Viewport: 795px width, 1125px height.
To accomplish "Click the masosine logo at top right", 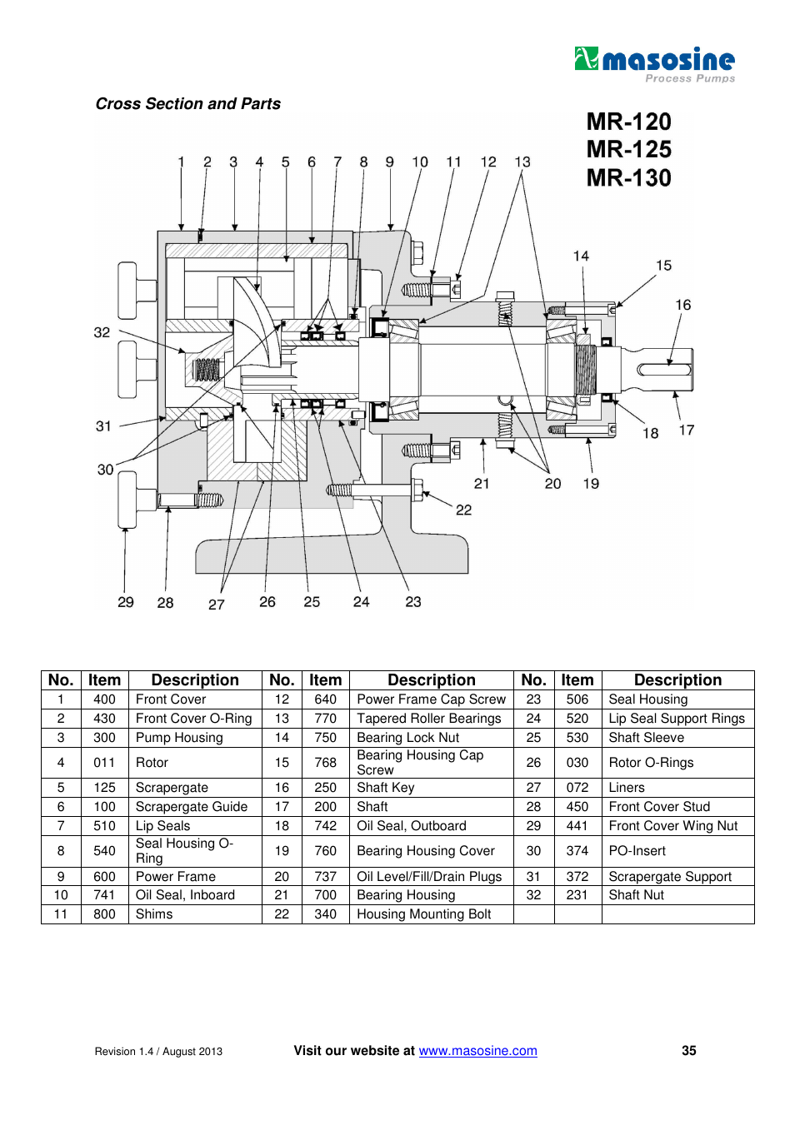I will [x=654, y=62].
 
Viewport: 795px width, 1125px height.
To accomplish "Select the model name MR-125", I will [x=628, y=150].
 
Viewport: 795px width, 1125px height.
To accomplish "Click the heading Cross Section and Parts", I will [x=187, y=104].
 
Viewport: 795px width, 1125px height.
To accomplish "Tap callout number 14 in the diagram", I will [x=581, y=256].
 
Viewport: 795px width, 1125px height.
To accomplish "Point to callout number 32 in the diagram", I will [x=102, y=333].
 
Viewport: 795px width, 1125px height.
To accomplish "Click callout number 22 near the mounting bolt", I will [x=463, y=510].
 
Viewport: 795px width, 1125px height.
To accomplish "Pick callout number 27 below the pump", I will [x=217, y=605].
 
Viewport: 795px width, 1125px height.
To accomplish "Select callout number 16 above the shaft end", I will [x=682, y=306].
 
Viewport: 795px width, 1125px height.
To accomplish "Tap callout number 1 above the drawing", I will [x=181, y=162].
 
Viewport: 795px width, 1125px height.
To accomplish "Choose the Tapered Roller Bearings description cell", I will [x=429, y=719].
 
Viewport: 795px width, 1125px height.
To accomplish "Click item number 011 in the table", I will [x=104, y=763].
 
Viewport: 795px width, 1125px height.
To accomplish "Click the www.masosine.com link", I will [x=477, y=1051].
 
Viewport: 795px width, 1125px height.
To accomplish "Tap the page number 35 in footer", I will [x=688, y=1051].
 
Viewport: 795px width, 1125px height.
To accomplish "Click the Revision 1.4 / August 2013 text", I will [x=158, y=1052].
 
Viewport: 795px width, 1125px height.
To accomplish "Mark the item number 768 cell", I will [x=325, y=763].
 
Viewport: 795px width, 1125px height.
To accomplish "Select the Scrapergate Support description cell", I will [x=670, y=877].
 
